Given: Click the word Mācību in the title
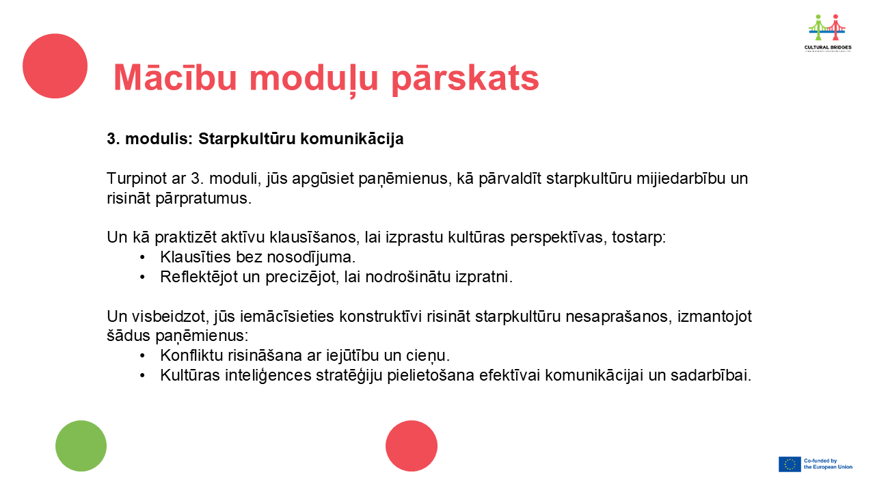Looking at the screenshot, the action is [x=176, y=77].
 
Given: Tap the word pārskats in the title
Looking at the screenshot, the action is [x=465, y=80].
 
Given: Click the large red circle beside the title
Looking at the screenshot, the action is [x=55, y=66].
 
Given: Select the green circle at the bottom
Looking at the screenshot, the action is [x=81, y=446].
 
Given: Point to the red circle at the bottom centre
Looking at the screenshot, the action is [x=412, y=446].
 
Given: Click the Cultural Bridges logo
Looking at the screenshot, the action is [x=828, y=33].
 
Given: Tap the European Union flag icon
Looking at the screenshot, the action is [x=790, y=464].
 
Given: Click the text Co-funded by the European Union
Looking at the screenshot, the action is [x=828, y=464].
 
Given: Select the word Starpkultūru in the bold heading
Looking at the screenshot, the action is [x=247, y=139].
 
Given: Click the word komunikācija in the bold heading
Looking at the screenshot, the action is [x=352, y=139].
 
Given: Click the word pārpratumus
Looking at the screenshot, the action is [x=204, y=198].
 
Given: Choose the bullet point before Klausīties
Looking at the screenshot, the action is [x=142, y=258].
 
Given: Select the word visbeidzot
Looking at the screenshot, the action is [x=171, y=316].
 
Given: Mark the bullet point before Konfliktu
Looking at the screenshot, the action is [x=142, y=356].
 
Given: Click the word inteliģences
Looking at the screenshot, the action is [x=268, y=376].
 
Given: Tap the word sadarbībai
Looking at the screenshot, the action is [x=711, y=375].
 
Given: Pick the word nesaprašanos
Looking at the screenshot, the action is [x=619, y=316].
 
